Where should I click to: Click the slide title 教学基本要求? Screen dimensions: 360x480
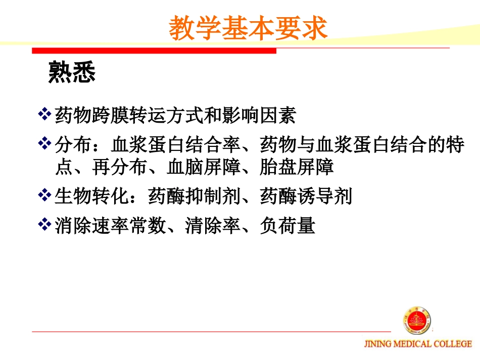(248, 28)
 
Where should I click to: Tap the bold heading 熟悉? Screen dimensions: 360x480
(72, 72)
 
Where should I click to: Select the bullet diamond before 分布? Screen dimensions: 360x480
(45, 145)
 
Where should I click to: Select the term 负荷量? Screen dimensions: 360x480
(287, 225)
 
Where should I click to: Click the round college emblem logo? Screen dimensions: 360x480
(417, 321)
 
